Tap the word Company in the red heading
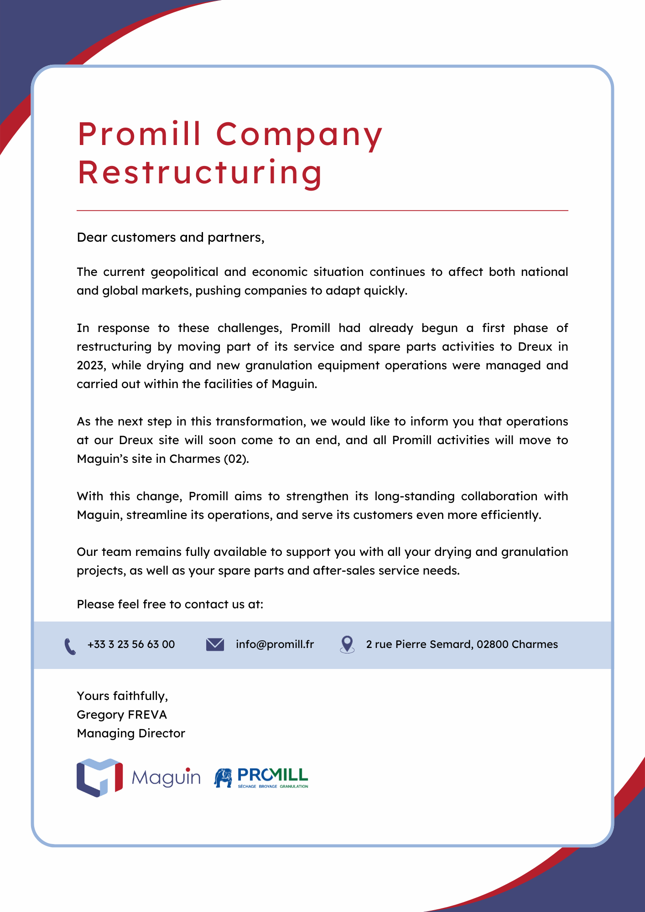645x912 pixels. click(299, 135)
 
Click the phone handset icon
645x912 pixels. click(70, 646)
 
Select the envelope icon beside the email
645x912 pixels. click(215, 644)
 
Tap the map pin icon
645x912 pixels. click(347, 644)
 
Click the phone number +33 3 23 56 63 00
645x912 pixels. click(131, 644)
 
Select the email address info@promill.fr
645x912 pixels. click(275, 644)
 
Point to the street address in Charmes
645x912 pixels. click(462, 644)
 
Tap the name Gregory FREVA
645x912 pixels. click(122, 715)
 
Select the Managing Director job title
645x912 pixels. click(131, 733)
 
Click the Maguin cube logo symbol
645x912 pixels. click(99, 777)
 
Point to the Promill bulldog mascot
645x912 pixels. click(224, 778)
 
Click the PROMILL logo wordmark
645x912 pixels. click(273, 775)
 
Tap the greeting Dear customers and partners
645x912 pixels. click(170, 238)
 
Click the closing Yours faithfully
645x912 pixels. click(122, 696)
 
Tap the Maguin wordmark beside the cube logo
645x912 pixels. click(166, 777)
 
